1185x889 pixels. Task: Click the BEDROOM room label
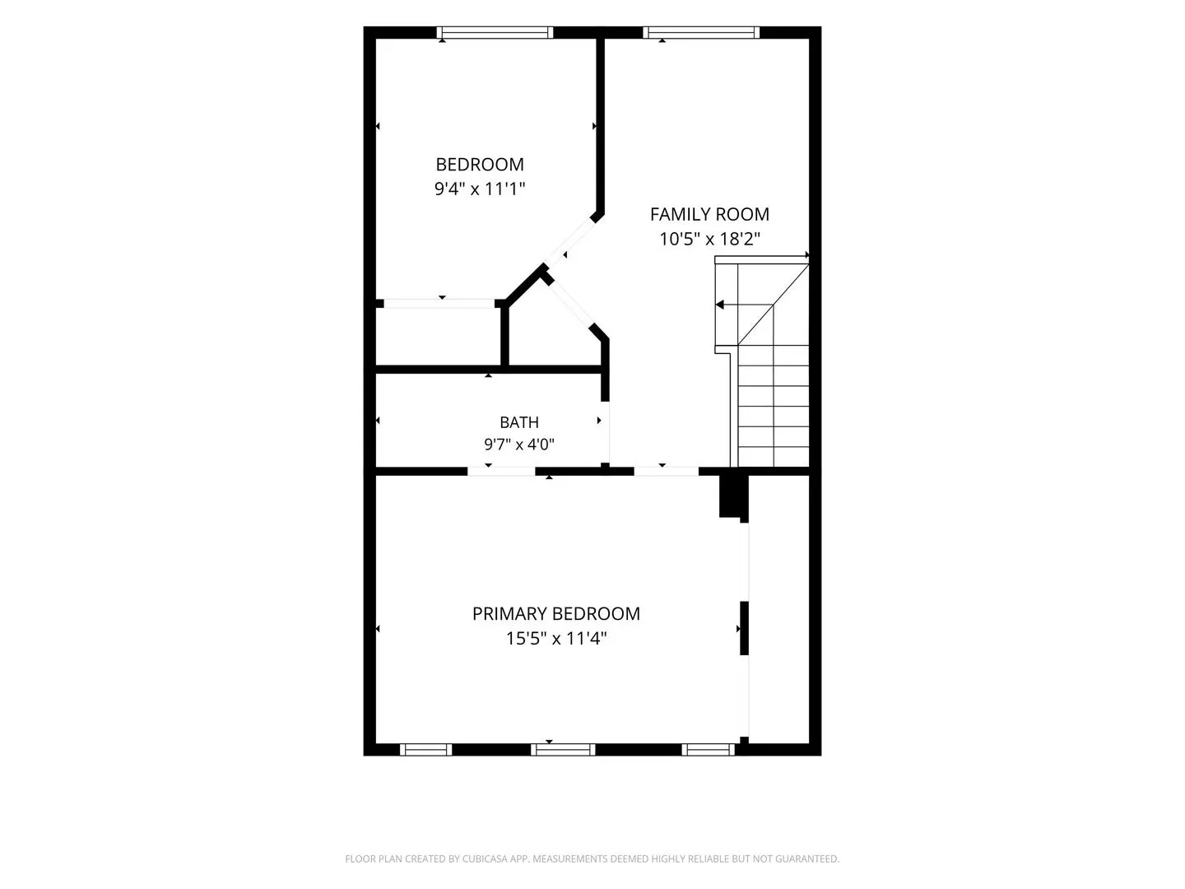(480, 164)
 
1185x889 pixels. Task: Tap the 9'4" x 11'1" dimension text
(480, 189)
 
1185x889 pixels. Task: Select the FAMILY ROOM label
(709, 214)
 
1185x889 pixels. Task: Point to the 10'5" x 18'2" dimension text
(709, 239)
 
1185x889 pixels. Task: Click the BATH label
(518, 422)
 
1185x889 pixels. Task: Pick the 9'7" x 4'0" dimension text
(518, 444)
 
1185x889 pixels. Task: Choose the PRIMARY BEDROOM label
(556, 614)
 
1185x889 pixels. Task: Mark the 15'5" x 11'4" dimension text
(556, 639)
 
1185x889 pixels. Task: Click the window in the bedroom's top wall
(495, 32)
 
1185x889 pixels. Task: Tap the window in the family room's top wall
(701, 32)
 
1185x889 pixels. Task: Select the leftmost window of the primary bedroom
(426, 750)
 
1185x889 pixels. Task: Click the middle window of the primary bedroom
(563, 750)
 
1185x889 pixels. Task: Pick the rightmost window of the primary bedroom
(709, 750)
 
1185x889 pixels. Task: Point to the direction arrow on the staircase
(745, 305)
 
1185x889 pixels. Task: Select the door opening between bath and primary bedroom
(501, 472)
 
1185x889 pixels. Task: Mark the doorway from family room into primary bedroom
(667, 472)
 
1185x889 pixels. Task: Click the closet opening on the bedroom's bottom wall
(439, 304)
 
